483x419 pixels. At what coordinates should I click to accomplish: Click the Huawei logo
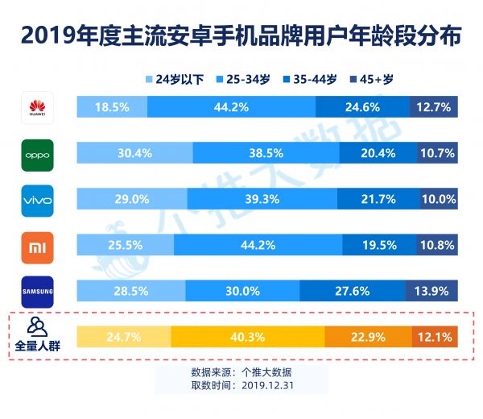coord(37,108)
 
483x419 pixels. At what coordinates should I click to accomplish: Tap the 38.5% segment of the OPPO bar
coord(266,152)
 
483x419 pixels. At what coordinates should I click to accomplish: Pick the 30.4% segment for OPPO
coord(134,152)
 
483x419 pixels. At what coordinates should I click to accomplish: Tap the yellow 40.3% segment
coord(248,335)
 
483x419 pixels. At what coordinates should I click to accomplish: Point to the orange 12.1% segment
coord(435,335)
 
